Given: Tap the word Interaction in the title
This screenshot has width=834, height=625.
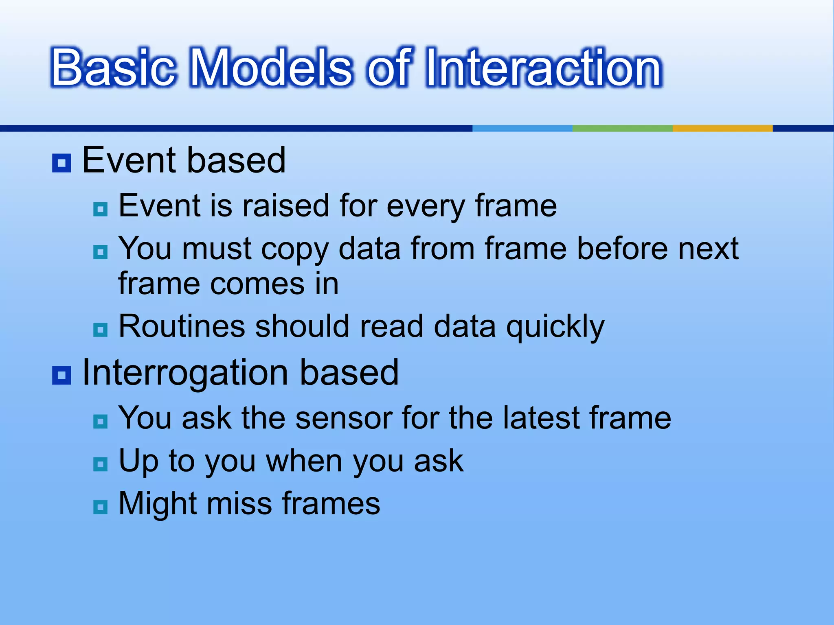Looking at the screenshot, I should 543,68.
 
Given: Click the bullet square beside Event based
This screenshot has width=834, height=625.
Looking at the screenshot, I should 62,163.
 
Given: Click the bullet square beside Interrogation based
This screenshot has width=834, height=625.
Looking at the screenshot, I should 62,375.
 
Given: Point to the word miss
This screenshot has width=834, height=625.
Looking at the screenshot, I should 239,503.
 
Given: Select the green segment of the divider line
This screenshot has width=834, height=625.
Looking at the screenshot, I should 622,128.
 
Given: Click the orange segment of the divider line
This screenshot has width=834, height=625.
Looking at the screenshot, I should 722,128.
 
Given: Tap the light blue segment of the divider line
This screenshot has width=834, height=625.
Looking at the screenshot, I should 522,128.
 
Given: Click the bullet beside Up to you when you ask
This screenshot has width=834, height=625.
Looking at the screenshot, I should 100,464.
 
